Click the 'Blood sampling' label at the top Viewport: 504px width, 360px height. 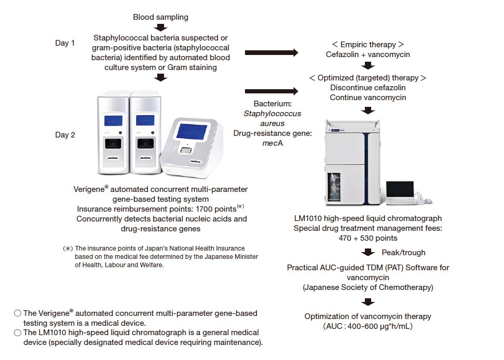(160, 17)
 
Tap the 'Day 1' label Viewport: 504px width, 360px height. (65, 43)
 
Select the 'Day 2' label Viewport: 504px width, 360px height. (65, 135)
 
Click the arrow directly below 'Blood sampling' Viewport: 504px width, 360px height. (161, 27)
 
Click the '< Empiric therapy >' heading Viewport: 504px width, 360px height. (368, 44)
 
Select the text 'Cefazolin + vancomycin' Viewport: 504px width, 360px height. (368, 54)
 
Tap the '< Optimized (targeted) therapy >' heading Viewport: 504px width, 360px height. (367, 78)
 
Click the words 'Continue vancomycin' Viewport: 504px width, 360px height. (368, 98)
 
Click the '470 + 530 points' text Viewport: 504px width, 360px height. (368, 238)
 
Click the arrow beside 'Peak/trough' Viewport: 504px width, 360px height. (369, 253)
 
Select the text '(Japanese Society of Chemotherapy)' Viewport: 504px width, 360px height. (368, 287)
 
